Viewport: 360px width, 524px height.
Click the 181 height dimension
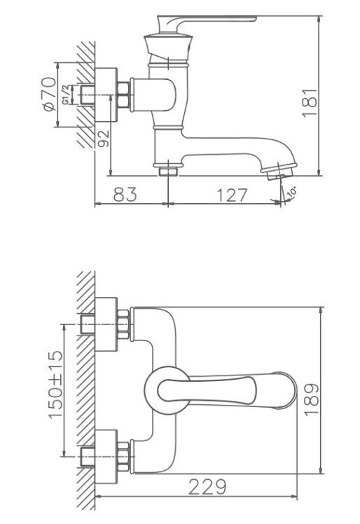tap(310, 102)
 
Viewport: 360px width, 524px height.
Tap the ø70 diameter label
tap(49, 95)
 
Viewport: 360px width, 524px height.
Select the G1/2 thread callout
tap(67, 95)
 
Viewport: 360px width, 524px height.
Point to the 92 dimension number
tap(103, 138)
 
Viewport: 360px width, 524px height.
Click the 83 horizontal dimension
tap(125, 194)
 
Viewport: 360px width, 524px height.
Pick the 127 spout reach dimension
tap(232, 195)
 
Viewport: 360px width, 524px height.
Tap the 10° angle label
tap(292, 193)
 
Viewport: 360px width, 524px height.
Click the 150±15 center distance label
tap(55, 384)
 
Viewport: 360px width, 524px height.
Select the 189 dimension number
tap(312, 399)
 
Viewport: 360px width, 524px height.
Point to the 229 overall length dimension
tap(207, 487)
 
